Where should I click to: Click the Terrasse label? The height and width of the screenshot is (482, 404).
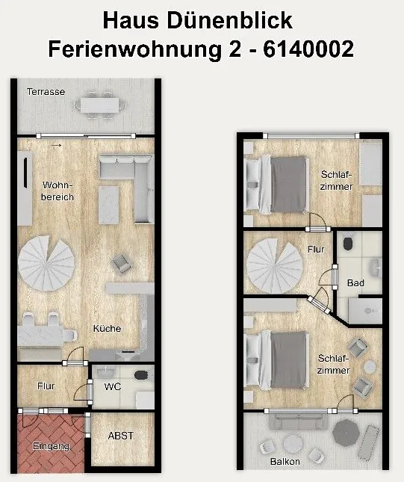click(x=46, y=92)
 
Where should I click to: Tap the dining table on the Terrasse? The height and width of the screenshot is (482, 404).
click(x=100, y=105)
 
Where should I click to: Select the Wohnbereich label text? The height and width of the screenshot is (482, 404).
click(x=58, y=191)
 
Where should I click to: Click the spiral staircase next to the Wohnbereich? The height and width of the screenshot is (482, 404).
click(x=46, y=263)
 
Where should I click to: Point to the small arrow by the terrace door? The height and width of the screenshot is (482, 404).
click(x=56, y=146)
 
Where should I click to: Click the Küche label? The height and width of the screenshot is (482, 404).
click(x=107, y=328)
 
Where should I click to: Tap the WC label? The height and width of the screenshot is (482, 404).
click(x=113, y=386)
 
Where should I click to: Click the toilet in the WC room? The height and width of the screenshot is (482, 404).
click(x=141, y=374)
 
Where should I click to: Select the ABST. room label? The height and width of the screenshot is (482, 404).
click(x=121, y=436)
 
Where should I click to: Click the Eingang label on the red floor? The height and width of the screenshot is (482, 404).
click(x=51, y=446)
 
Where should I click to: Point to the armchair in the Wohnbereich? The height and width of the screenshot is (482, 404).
click(x=122, y=264)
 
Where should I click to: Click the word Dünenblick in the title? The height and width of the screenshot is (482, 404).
click(x=229, y=21)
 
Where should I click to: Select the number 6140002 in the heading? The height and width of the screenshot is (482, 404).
click(x=308, y=49)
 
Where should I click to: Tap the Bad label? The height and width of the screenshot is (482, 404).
click(x=355, y=282)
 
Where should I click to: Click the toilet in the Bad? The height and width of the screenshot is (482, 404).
click(x=348, y=244)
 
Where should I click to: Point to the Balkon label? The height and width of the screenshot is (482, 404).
click(x=285, y=461)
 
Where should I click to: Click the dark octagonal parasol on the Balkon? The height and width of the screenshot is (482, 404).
click(x=346, y=432)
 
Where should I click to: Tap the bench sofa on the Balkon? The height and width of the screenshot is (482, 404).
click(x=296, y=423)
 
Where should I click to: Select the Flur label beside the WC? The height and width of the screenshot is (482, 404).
click(x=46, y=386)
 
